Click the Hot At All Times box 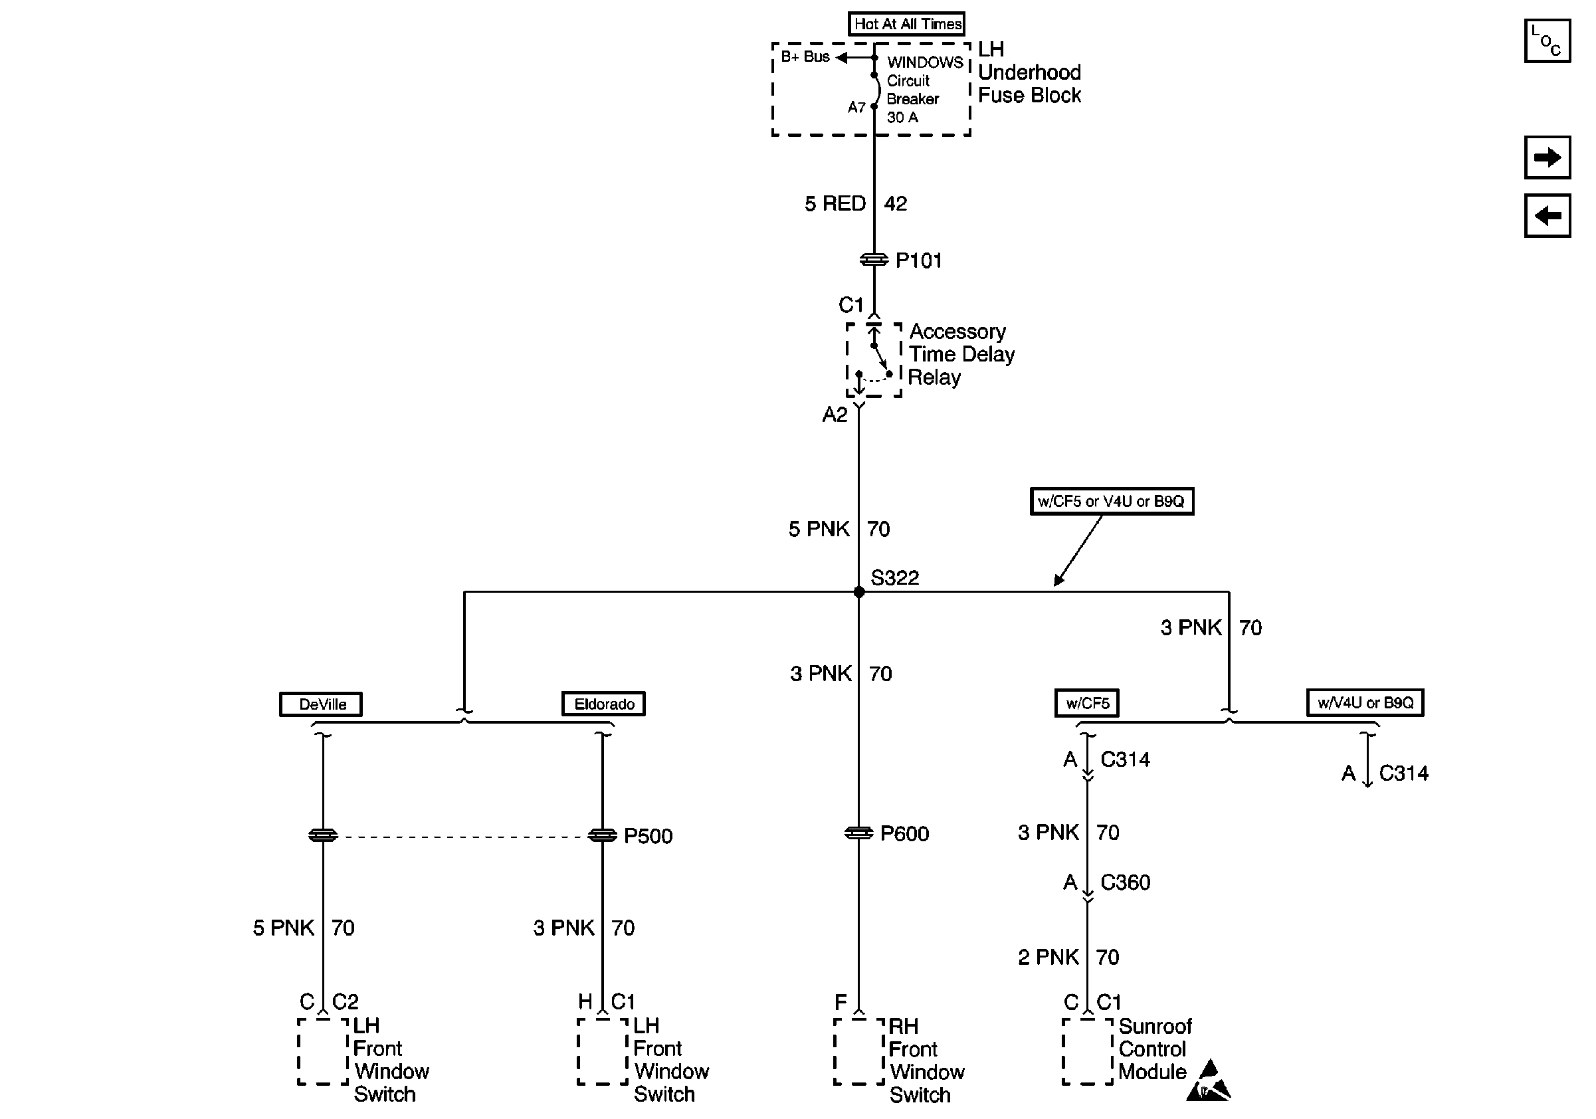(x=906, y=24)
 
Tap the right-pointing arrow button (x=1547, y=157)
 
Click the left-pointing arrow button (x=1547, y=215)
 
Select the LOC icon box (x=1547, y=41)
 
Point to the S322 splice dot (x=859, y=592)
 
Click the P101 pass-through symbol (x=874, y=260)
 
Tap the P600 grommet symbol (x=858, y=833)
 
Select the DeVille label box (x=321, y=704)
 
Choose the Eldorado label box (x=603, y=704)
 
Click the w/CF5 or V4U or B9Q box (x=1112, y=501)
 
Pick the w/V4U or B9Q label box (x=1365, y=702)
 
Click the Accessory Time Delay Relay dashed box (x=874, y=360)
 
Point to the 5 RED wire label (x=835, y=203)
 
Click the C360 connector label (x=1126, y=882)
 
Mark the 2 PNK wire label (x=1048, y=957)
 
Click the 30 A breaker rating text (x=902, y=118)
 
